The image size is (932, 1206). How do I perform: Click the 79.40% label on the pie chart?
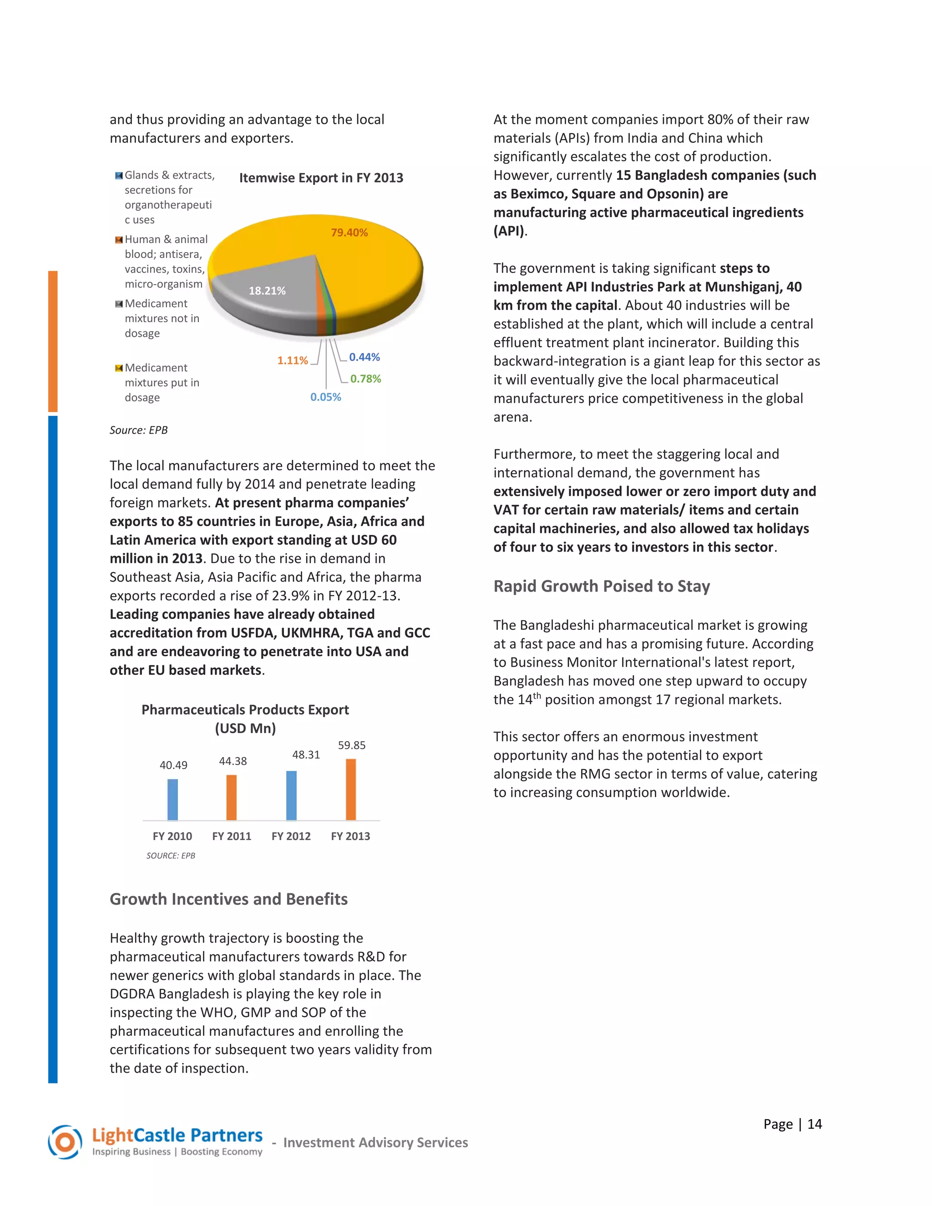349,233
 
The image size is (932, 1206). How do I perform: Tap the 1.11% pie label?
292,360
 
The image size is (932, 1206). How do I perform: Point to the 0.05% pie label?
325,397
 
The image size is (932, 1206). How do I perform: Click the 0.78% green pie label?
365,379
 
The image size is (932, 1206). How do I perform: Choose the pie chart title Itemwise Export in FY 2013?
321,178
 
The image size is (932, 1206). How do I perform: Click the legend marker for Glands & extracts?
119,176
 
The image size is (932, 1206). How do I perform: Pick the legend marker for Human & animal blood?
119,240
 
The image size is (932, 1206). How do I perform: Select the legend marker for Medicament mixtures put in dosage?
119,368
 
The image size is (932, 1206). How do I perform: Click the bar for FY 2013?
350,789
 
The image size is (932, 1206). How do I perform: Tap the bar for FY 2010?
173,799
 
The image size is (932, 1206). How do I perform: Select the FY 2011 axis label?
231,836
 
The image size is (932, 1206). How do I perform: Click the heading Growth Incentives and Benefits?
228,899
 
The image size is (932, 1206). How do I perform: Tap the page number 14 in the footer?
815,1124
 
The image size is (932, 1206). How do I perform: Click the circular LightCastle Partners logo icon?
65,1142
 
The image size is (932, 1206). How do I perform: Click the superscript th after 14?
537,695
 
